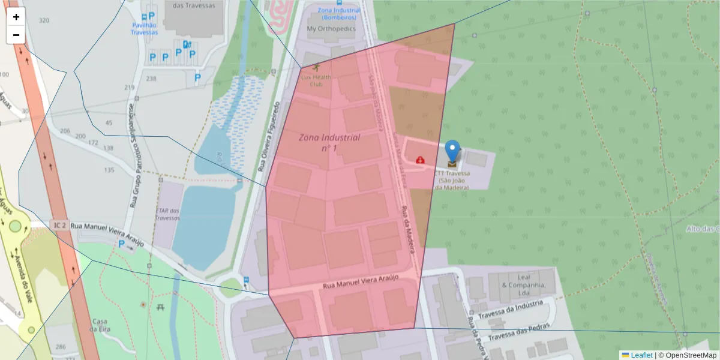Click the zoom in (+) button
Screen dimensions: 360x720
pyautogui.click(x=16, y=17)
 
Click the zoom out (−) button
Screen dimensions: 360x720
pyautogui.click(x=16, y=35)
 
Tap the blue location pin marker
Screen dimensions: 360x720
pyautogui.click(x=452, y=152)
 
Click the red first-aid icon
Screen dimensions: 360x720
pyautogui.click(x=420, y=160)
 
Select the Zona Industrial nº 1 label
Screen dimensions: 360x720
pyautogui.click(x=329, y=142)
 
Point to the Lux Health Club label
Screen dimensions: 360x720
pyautogui.click(x=316, y=80)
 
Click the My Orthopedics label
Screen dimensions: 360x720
pyautogui.click(x=331, y=28)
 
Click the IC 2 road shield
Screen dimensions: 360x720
pyautogui.click(x=59, y=225)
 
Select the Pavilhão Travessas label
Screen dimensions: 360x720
pyautogui.click(x=145, y=28)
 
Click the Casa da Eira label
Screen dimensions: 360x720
pyautogui.click(x=99, y=325)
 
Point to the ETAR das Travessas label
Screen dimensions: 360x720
pyautogui.click(x=167, y=214)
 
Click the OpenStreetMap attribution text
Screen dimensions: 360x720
pyautogui.click(x=688, y=355)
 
